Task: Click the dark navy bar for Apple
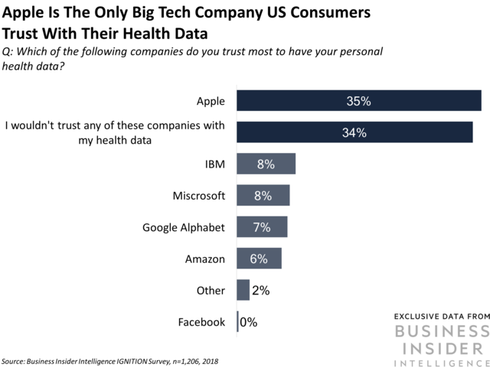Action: pos(358,100)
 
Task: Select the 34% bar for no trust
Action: pos(354,132)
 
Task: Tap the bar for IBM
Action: pos(266,164)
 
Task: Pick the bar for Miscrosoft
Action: pos(263,196)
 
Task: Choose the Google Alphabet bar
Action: pos(262,227)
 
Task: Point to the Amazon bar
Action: pos(260,258)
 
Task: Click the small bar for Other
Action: pos(243,290)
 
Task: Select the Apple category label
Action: pos(210,100)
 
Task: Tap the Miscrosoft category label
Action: pos(199,196)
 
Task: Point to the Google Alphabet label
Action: pos(184,227)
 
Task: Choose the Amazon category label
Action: pos(205,258)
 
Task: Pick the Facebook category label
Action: pos(201,322)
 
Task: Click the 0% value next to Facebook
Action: pos(249,322)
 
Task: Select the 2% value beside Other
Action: pos(261,291)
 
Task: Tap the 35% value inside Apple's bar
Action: pos(358,100)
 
